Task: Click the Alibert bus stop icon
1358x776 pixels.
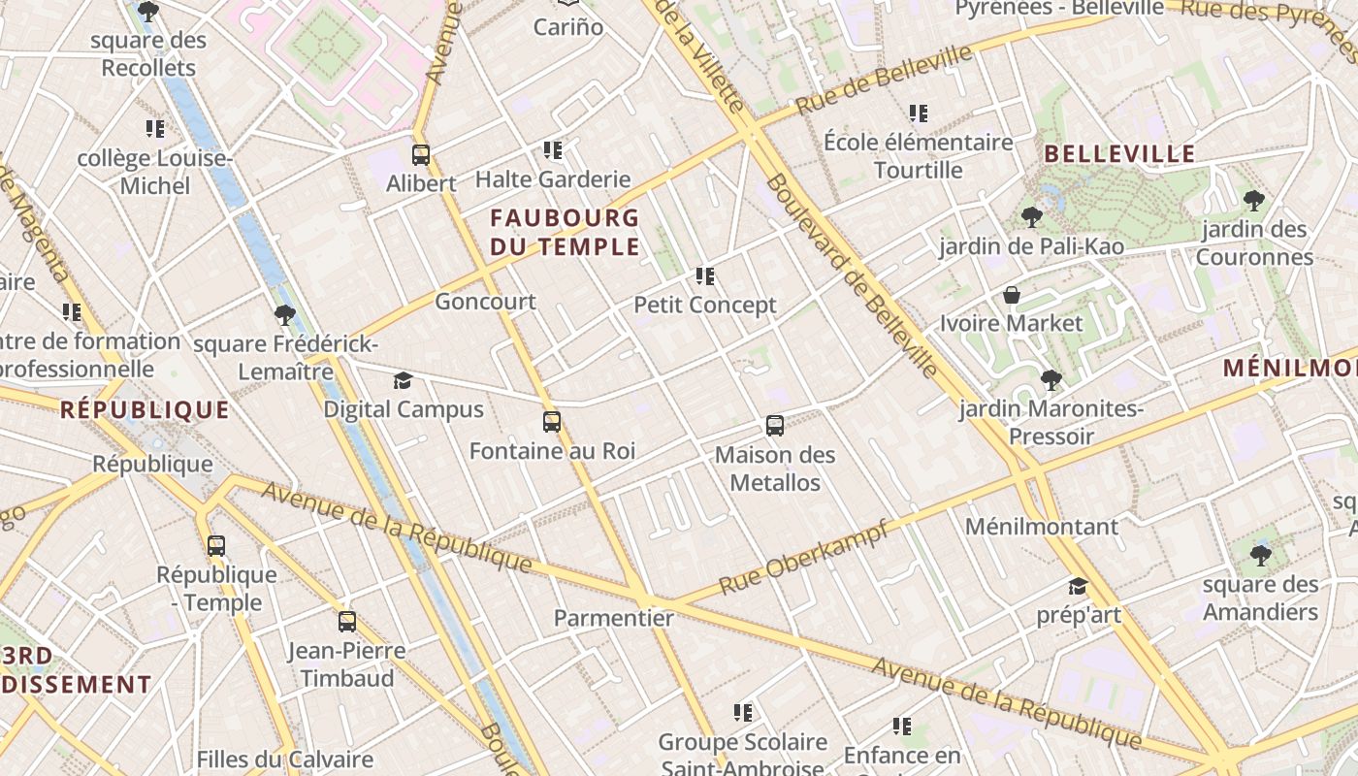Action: tap(421, 154)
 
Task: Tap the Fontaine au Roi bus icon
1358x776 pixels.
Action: tap(552, 422)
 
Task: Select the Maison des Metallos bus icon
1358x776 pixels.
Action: tap(774, 425)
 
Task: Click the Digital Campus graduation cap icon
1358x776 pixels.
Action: tap(403, 380)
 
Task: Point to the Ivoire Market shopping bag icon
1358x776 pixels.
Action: tap(1012, 295)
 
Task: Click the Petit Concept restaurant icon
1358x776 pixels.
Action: tap(705, 276)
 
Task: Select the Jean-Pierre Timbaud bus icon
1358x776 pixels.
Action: tap(347, 622)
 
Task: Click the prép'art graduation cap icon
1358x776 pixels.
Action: tap(1078, 586)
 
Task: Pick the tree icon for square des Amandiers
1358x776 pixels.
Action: tap(1260, 555)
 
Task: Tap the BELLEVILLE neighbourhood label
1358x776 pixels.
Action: tap(1119, 154)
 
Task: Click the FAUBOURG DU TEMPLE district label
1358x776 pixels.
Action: tap(565, 232)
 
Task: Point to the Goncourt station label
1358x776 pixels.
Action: tap(485, 302)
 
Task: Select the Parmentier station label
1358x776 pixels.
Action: tap(613, 618)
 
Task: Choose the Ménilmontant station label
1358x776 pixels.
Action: tap(1041, 527)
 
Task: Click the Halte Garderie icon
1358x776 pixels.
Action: tap(553, 150)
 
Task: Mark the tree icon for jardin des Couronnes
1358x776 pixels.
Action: tap(1253, 201)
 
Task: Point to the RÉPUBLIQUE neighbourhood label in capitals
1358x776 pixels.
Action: tap(145, 410)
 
